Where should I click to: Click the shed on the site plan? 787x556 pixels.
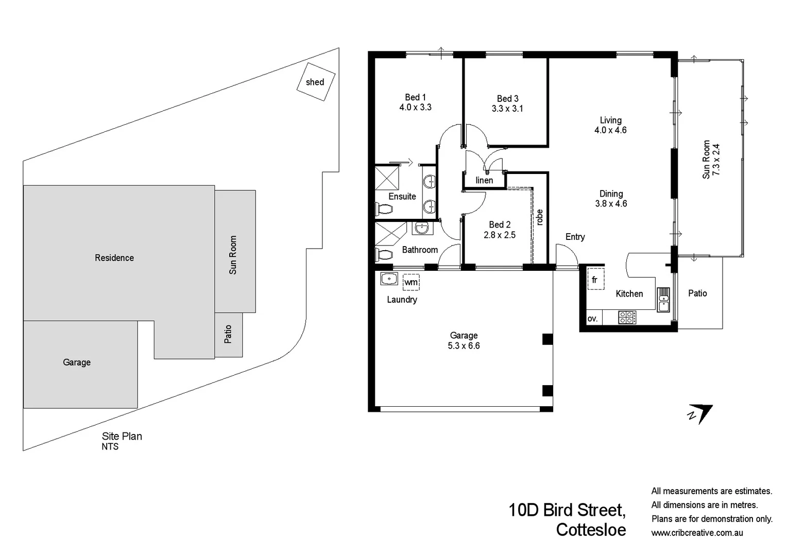click(x=316, y=82)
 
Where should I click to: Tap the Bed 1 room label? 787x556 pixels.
click(x=415, y=97)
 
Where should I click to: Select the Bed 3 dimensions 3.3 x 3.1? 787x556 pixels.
click(x=507, y=109)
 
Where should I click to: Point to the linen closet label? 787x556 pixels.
click(x=484, y=180)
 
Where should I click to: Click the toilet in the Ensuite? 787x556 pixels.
click(x=384, y=210)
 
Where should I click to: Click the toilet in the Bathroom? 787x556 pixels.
click(x=384, y=254)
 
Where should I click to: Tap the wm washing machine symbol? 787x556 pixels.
click(x=411, y=282)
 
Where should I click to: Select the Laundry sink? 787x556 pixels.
click(x=389, y=279)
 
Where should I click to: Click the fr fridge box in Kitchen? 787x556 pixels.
click(x=595, y=280)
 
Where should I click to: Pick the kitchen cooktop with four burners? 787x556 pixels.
click(x=627, y=317)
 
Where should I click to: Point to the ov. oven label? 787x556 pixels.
click(x=593, y=319)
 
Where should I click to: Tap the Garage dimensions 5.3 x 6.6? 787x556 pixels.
click(x=464, y=346)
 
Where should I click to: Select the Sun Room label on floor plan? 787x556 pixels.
click(x=706, y=160)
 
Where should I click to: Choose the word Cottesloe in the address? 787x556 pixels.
click(x=591, y=530)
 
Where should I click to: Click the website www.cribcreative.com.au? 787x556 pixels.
click(x=697, y=533)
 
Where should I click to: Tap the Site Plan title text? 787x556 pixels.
click(x=122, y=436)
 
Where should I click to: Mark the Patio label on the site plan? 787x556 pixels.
click(x=228, y=334)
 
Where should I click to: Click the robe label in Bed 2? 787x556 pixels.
click(x=539, y=217)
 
